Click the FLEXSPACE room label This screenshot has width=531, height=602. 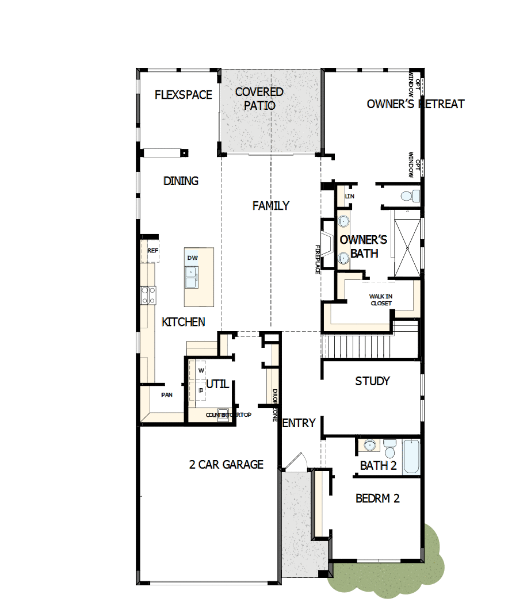184,95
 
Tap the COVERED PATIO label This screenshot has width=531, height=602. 259,99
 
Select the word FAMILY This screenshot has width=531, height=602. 271,206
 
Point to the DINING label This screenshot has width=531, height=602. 181,181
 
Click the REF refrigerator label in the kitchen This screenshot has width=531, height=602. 152,251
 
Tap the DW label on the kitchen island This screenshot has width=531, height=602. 192,258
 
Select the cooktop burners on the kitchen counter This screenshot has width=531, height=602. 148,295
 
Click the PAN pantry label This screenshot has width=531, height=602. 167,394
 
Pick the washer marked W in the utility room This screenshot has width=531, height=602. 201,370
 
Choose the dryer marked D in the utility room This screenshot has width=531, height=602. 201,390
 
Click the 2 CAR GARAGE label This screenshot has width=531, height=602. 226,465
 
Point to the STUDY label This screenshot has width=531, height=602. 372,381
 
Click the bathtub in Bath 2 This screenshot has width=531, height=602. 411,457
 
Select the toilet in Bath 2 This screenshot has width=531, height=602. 390,447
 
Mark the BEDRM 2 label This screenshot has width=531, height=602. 377,499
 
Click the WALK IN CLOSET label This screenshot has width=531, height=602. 380,300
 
